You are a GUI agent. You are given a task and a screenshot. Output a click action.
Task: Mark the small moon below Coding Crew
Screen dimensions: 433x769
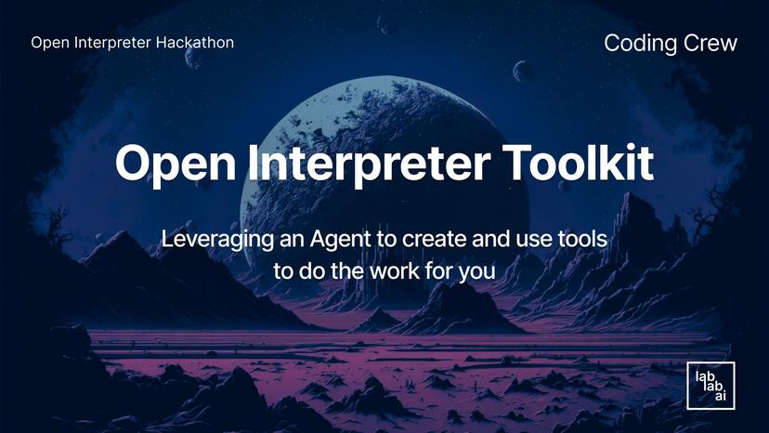click(x=524, y=71)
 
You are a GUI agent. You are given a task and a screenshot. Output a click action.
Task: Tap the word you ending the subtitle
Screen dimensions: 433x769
click(x=477, y=272)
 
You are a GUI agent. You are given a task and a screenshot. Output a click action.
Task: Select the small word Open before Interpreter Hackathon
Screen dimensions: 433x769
click(x=47, y=43)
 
